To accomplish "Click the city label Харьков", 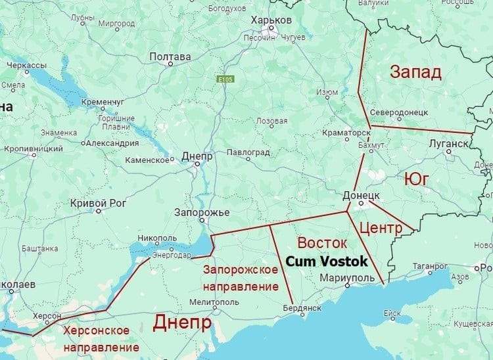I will [x=270, y=21].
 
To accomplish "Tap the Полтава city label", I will [x=170, y=57].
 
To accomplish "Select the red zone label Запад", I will [x=415, y=72].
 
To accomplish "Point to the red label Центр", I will [x=381, y=229].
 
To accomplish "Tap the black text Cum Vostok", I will [x=326, y=261].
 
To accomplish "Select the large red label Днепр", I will [x=182, y=323].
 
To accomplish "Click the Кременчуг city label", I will [x=103, y=102].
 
